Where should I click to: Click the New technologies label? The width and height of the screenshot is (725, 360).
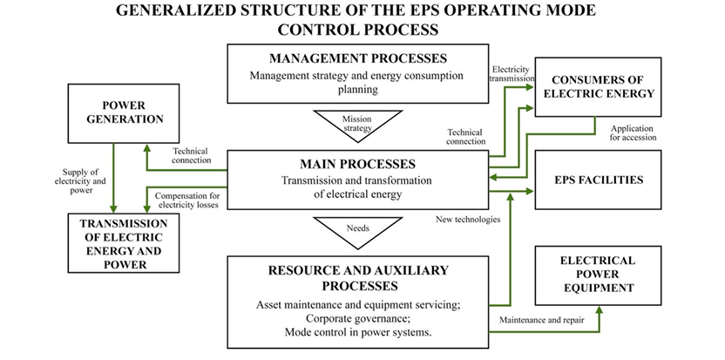[468, 220]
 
